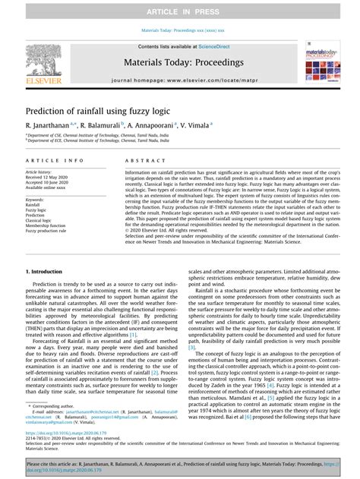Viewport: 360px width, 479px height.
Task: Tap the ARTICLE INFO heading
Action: tap(55, 161)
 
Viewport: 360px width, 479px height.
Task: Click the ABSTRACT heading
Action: tap(140, 161)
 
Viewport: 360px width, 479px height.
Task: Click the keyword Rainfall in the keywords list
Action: tap(34, 204)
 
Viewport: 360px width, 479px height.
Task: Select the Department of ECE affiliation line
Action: tap(99, 141)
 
